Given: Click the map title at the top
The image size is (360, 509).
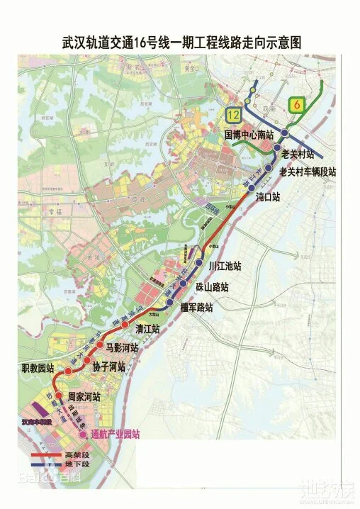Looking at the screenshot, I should [x=181, y=43].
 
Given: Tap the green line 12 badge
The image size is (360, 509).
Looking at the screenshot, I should [x=232, y=114].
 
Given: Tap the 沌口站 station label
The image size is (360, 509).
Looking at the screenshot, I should [x=269, y=196].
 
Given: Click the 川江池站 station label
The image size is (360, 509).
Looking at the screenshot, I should [x=225, y=267].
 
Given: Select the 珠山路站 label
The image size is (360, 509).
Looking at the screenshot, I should [x=213, y=287].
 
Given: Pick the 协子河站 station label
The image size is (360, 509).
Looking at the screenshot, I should [x=108, y=367].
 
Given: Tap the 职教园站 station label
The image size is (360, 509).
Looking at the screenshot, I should [x=37, y=369].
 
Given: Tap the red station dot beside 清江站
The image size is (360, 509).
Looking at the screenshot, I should [x=125, y=325].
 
